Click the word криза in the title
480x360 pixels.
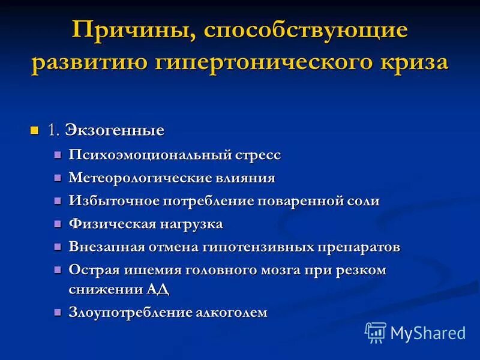coord(413,62)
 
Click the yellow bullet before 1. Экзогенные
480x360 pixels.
coord(34,130)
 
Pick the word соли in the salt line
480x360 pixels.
coord(362,201)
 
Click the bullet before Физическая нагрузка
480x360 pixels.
coord(58,224)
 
